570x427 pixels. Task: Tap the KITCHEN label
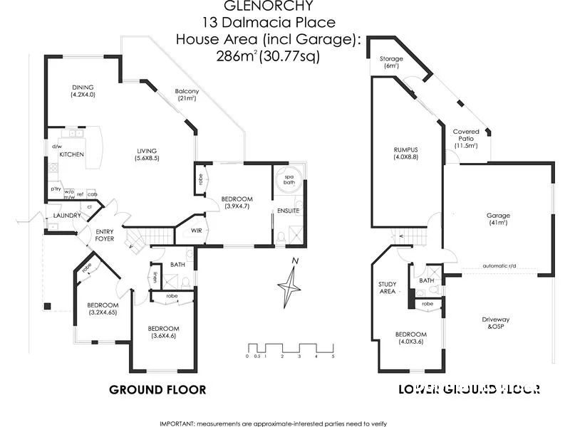[x=72, y=154]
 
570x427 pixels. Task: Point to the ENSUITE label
[x=289, y=211]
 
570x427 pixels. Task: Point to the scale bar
[x=289, y=349]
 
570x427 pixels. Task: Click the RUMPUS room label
[x=405, y=154]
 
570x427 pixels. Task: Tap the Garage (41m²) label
[x=497, y=218]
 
